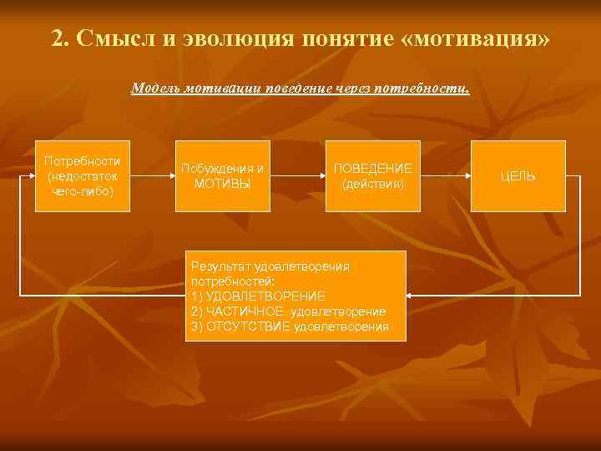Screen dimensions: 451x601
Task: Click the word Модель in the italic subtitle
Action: point(156,89)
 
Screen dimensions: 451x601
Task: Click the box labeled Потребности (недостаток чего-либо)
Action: point(83,176)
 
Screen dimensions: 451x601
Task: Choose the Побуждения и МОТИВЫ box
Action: point(222,176)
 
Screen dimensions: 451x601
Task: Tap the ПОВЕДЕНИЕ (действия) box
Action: point(372,176)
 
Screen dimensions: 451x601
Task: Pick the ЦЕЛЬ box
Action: point(518,176)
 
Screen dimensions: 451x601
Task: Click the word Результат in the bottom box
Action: point(220,266)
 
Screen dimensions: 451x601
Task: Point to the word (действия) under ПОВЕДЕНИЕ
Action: point(372,184)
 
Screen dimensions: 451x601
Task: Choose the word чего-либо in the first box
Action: point(83,191)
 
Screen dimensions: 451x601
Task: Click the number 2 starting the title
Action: point(58,39)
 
